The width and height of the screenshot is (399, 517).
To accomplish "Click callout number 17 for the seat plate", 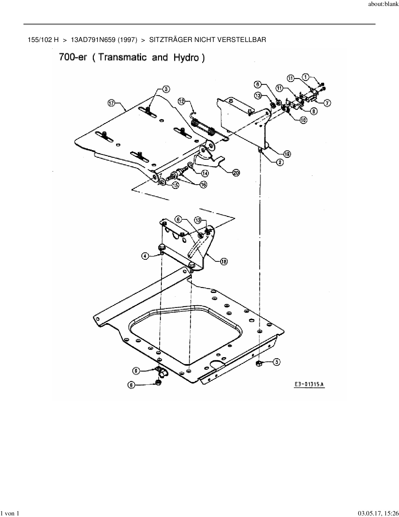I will (x=111, y=103).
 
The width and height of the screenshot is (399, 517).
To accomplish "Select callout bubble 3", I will (x=166, y=89).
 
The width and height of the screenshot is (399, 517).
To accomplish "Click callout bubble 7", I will (x=327, y=103).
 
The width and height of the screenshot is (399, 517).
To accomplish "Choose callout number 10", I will (x=303, y=120).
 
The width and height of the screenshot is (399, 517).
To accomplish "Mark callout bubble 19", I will (x=287, y=154).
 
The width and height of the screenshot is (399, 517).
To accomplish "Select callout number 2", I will (x=279, y=162).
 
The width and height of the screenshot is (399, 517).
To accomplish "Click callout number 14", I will (x=205, y=173).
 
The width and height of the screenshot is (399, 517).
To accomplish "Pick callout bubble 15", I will (x=175, y=185).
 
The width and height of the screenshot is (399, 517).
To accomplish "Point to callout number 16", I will (x=203, y=185).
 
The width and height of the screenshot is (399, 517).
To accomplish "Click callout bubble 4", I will (x=145, y=256).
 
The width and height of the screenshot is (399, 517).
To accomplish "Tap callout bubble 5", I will (x=277, y=362).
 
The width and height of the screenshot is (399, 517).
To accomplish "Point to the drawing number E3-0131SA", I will (x=309, y=384).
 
